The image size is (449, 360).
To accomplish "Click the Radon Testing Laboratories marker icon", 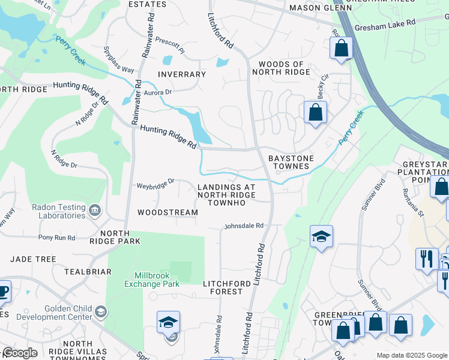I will (95, 211).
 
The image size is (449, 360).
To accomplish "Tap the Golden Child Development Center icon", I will (101, 311).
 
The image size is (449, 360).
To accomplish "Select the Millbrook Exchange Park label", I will (152, 280).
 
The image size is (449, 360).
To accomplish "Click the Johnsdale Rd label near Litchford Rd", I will (244, 226).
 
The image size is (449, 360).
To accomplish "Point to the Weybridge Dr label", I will (155, 181).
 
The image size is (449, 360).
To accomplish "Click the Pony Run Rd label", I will (56, 238).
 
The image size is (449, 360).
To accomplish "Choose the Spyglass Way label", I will (118, 59).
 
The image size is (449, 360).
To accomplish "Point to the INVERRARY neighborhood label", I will (181, 74).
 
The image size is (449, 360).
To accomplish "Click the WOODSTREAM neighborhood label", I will (167, 212).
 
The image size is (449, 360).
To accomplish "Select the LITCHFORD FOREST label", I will (223, 287).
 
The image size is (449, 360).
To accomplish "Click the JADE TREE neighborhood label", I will (33, 259).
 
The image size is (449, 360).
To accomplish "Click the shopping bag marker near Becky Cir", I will (315, 112).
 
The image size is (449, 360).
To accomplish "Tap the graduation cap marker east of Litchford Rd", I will (321, 236).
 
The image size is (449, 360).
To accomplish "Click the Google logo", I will (20, 353).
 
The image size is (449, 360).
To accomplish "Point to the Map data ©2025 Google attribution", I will (411, 355).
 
